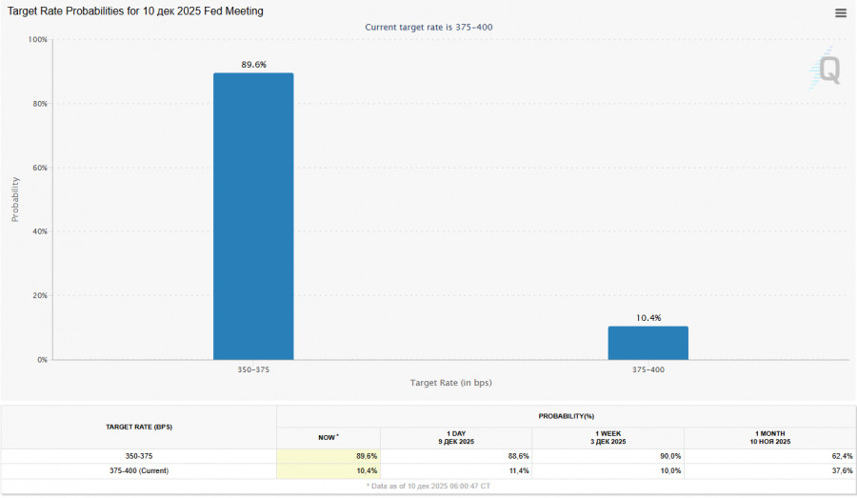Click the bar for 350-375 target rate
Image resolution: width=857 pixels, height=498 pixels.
tap(253, 216)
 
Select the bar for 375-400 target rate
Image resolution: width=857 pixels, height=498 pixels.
tap(648, 343)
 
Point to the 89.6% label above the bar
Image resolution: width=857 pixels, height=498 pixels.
tap(253, 65)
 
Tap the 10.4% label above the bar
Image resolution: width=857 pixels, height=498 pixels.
tap(648, 318)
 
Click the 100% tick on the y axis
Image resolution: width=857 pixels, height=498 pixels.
tap(38, 40)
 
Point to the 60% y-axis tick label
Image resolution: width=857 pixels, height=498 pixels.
tap(39, 168)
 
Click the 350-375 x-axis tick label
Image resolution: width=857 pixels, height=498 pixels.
tap(253, 369)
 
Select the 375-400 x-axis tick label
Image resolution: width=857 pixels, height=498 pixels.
tap(648, 369)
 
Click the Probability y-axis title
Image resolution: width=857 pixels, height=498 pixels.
tap(15, 199)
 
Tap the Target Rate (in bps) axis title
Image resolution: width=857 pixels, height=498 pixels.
tap(450, 383)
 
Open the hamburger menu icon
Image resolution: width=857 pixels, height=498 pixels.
tap(840, 13)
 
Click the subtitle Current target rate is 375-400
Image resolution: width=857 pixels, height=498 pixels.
tap(428, 28)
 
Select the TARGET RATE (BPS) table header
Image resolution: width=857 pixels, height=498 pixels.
tap(139, 427)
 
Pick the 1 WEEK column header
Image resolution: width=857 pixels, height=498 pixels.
tap(608, 437)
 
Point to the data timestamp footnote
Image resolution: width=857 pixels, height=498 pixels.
tap(428, 487)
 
